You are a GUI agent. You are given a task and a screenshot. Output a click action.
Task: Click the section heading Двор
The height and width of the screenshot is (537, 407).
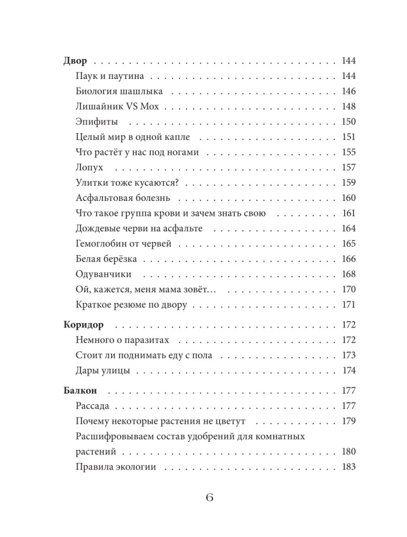pos(76,61)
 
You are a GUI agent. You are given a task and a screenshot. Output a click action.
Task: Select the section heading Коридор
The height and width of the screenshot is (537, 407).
pos(83,325)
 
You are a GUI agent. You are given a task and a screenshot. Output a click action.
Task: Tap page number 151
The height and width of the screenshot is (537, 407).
pos(349,137)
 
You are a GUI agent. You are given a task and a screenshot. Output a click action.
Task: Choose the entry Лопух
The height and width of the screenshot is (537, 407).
pos(90,168)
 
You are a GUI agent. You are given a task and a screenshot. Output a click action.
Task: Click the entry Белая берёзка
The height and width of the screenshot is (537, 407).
pos(107,259)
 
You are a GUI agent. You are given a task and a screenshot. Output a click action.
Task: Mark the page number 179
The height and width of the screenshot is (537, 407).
pos(349,420)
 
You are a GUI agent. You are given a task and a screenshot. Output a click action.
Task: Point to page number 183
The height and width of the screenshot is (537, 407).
pos(349,467)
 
